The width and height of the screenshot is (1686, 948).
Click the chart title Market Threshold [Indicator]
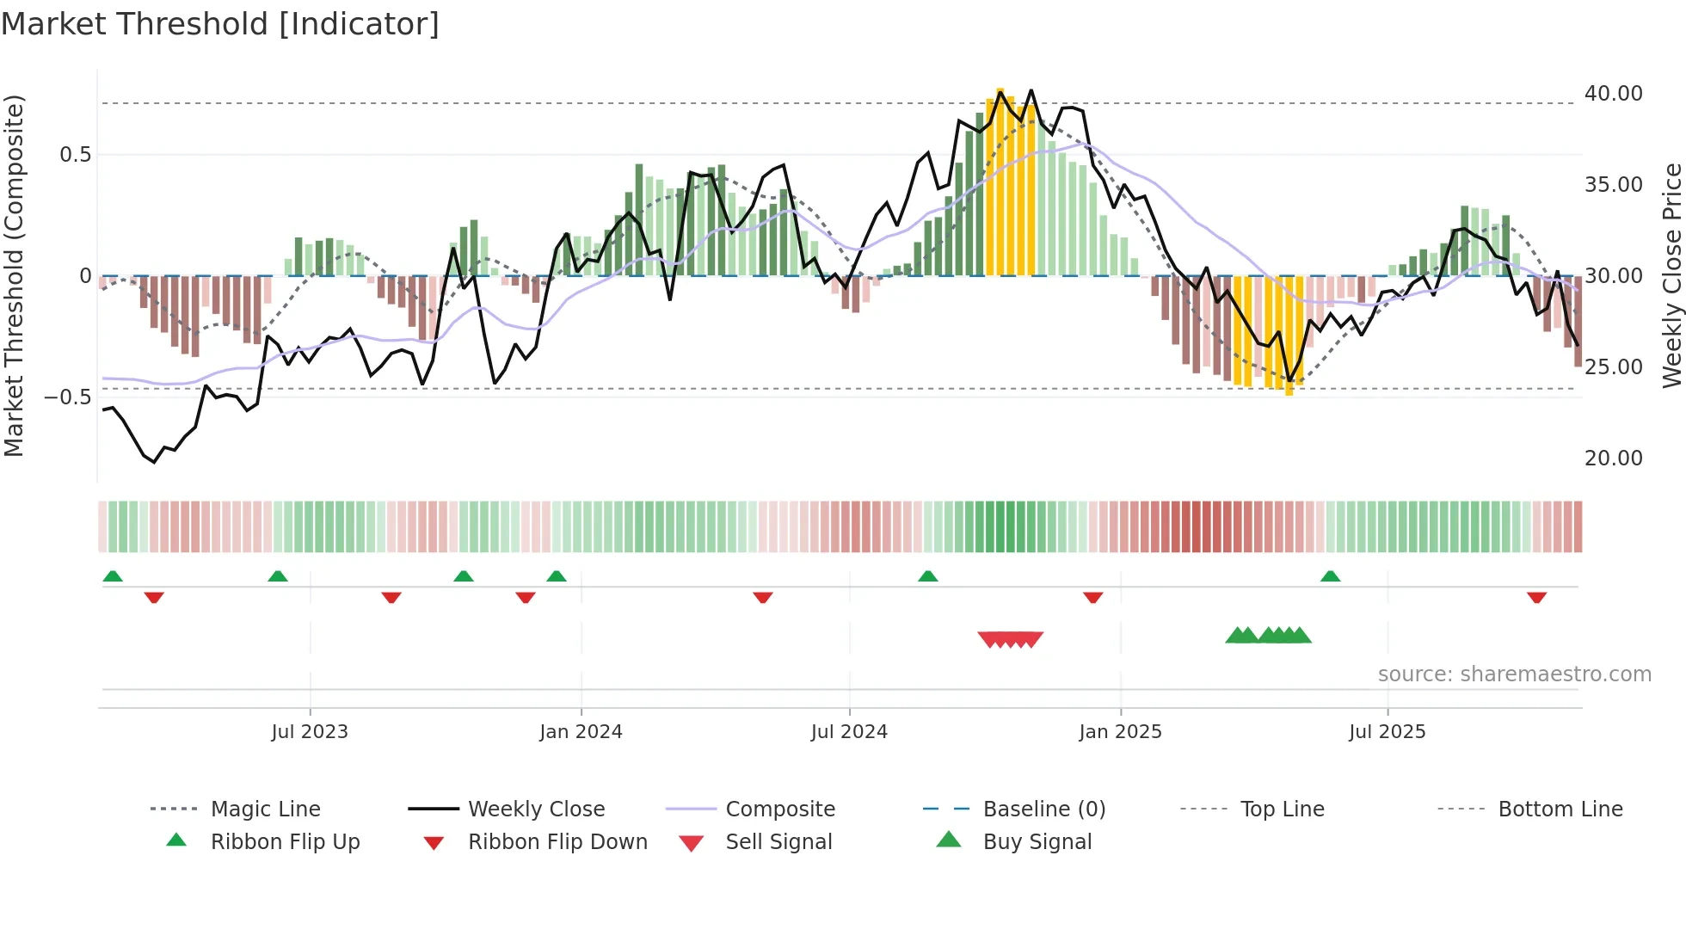(x=220, y=24)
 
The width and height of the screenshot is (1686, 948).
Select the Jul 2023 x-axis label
(x=310, y=732)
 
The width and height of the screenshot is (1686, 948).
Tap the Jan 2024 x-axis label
(x=581, y=732)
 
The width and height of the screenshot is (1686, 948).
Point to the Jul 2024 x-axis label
(x=849, y=732)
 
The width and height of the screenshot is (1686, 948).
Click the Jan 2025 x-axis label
(x=1120, y=732)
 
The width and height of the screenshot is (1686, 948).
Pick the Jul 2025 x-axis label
(x=1387, y=732)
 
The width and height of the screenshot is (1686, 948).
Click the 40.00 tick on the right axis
(x=1613, y=94)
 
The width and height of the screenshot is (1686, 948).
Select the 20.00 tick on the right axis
(x=1613, y=459)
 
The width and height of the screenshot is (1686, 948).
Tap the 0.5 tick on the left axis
(x=75, y=155)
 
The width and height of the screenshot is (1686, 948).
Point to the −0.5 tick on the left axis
(x=67, y=397)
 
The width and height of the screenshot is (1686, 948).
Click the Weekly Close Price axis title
(x=1671, y=275)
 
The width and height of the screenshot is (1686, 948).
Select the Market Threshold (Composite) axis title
(x=14, y=275)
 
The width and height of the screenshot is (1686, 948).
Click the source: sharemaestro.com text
(x=1514, y=674)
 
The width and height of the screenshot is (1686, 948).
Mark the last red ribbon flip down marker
(x=1536, y=597)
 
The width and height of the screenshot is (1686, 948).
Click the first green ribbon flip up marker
(x=113, y=576)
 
